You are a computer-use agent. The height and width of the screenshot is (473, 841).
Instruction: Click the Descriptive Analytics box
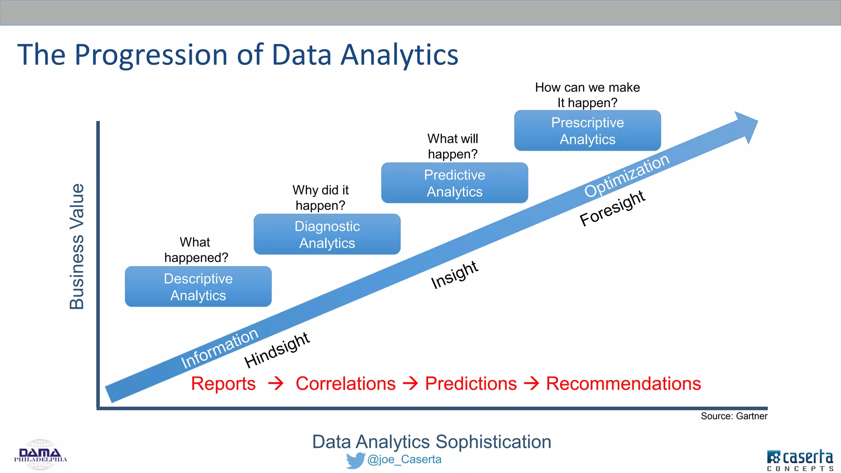198,287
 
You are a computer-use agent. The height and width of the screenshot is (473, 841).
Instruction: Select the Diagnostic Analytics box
327,234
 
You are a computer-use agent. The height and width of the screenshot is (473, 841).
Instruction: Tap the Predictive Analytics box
454,183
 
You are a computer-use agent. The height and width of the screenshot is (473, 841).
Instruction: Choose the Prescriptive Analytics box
587,131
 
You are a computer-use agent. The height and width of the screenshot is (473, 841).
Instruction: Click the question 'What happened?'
196,250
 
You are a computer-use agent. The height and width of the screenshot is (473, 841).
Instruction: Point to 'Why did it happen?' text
320,197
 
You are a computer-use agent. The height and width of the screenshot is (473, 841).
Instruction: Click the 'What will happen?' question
453,146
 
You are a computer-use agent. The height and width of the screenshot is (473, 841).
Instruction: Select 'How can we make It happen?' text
587,95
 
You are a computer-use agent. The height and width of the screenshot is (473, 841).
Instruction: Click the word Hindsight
277,350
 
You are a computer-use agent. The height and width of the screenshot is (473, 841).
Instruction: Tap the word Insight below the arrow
454,275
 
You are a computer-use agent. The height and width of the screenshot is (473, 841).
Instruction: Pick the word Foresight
612,208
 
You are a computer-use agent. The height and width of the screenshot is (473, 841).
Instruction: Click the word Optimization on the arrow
627,175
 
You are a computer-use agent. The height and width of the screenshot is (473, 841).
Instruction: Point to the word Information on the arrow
220,348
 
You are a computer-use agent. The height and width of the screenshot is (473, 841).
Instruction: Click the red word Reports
223,383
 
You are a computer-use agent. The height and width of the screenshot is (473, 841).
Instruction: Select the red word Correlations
345,383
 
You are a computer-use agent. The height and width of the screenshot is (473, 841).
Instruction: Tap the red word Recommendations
623,383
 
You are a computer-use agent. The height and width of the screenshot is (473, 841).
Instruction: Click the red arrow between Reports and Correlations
276,383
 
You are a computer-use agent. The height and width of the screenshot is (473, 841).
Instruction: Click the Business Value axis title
77,246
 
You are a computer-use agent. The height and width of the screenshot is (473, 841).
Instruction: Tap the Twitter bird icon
355,460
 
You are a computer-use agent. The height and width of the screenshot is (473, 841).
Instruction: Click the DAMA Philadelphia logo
40,455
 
